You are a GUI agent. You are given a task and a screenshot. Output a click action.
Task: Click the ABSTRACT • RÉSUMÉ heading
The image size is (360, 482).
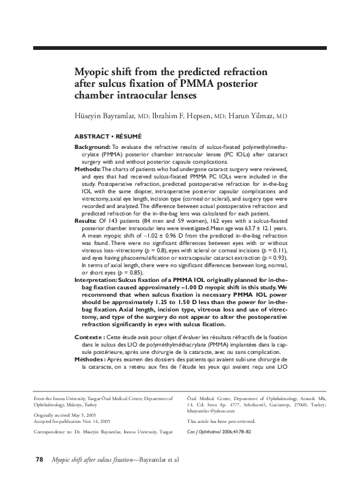pos(108,134)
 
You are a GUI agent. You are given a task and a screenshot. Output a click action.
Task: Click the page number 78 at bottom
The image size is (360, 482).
pos(39,459)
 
